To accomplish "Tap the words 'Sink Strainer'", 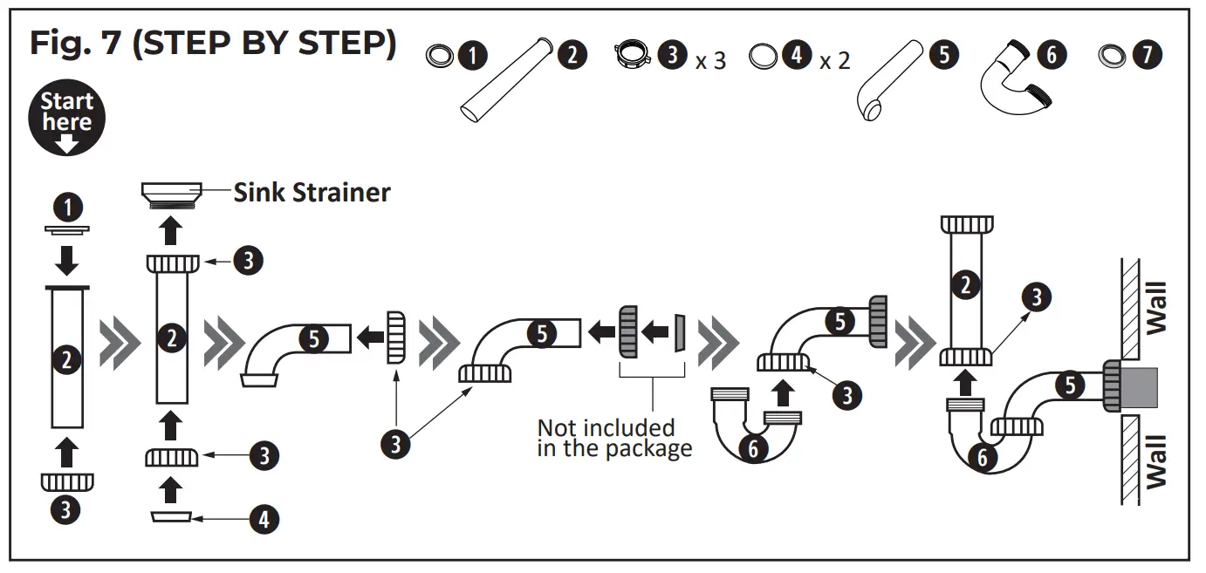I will (x=312, y=192).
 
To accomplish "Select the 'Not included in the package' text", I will (x=613, y=438).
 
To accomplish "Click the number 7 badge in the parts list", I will (x=1148, y=56).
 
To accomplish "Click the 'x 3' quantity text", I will (x=710, y=61).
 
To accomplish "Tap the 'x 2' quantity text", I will (x=834, y=61).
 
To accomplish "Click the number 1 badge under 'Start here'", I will (x=67, y=207).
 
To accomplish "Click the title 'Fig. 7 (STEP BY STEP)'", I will (x=212, y=44).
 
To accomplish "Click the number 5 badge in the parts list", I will (x=943, y=55).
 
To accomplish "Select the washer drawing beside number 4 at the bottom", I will (x=172, y=517).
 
